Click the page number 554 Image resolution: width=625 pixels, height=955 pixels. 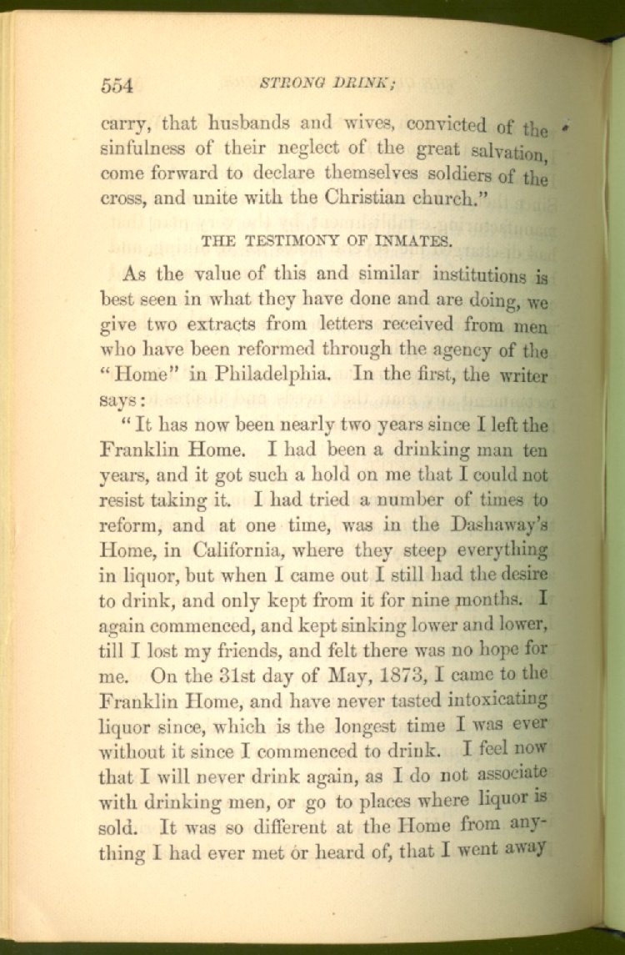coord(117,84)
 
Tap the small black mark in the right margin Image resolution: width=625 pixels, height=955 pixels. coord(566,127)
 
